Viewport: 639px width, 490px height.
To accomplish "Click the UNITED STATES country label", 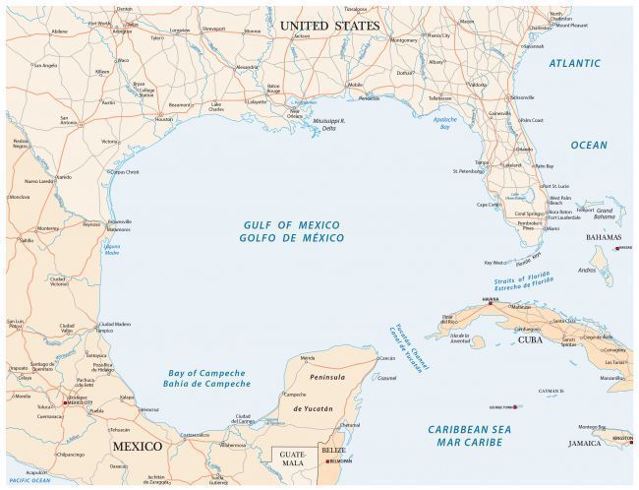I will click(x=328, y=25).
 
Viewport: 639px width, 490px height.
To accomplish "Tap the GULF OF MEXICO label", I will click(x=294, y=225).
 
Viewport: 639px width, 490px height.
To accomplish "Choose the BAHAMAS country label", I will click(x=603, y=237).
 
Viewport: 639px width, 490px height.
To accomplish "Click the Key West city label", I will click(x=494, y=263).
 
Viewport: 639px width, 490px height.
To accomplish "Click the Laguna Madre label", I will click(x=111, y=250).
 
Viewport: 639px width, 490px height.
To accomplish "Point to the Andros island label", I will click(x=588, y=269).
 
